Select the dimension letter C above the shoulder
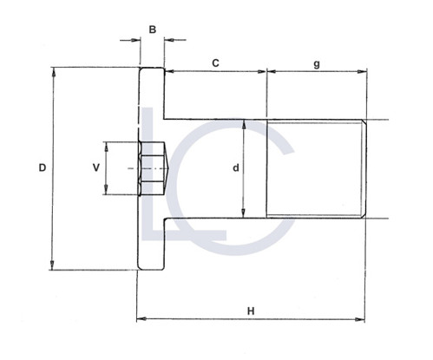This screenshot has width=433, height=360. [x=214, y=62]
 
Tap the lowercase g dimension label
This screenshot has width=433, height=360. [x=317, y=62]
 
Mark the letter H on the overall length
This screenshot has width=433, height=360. [x=250, y=310]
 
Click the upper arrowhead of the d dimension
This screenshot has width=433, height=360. [x=244, y=123]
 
